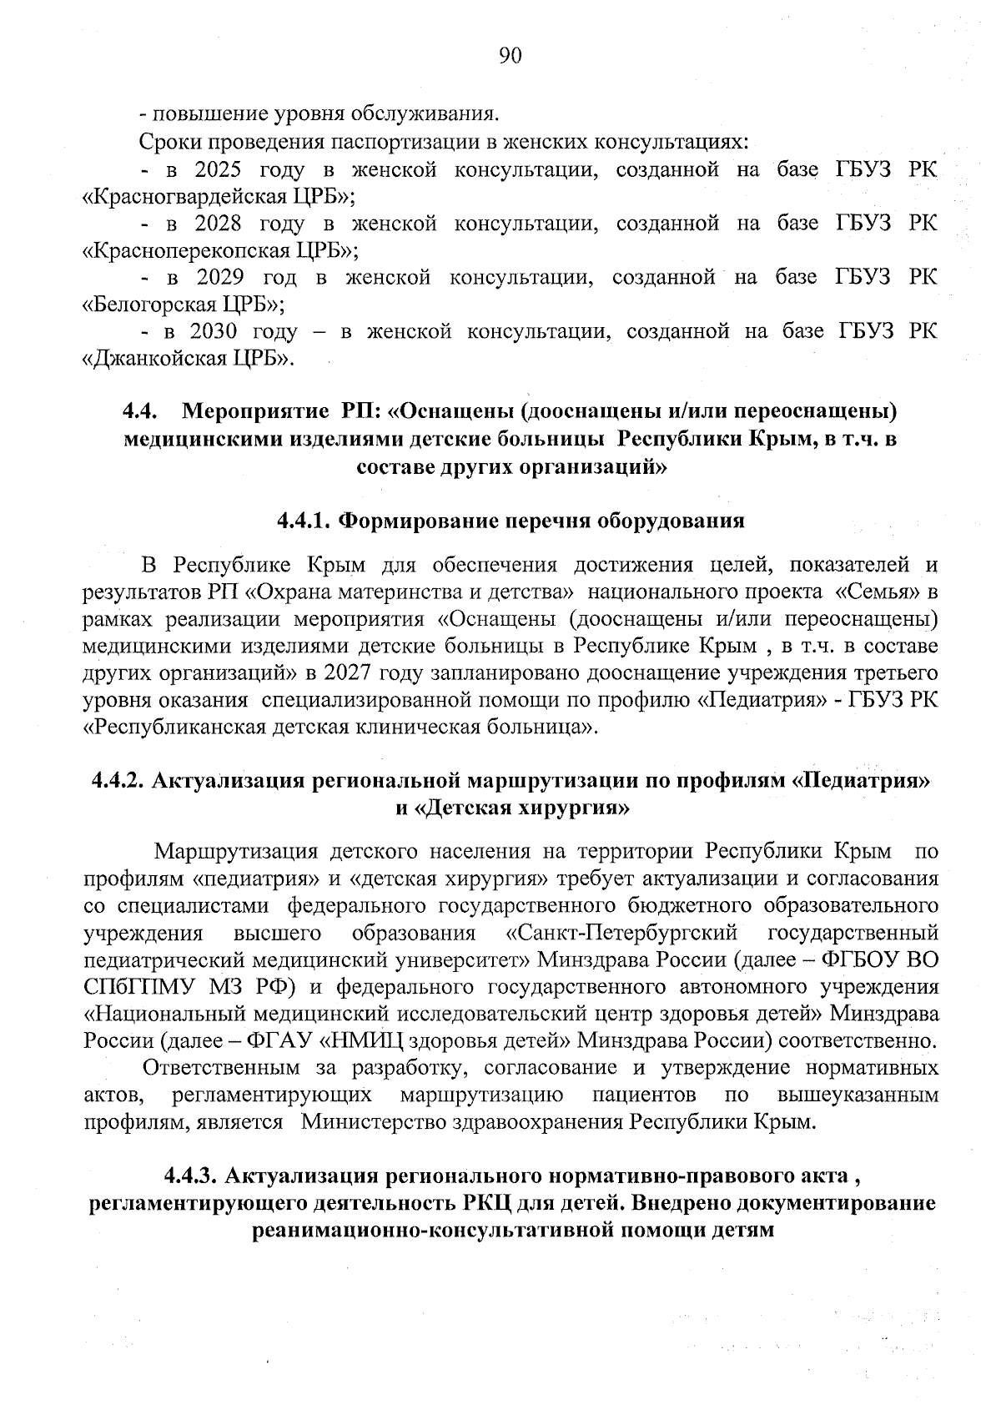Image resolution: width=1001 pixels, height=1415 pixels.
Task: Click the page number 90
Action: click(x=511, y=55)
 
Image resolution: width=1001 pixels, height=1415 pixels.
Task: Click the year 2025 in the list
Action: click(x=218, y=170)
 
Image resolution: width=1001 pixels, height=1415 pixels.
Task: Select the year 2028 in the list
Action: click(x=218, y=224)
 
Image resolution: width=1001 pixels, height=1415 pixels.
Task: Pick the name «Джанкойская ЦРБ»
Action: click(x=191, y=359)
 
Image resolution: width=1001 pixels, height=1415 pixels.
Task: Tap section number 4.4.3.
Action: click(x=191, y=1176)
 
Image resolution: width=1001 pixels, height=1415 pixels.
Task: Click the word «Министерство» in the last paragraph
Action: click(x=369, y=1121)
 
